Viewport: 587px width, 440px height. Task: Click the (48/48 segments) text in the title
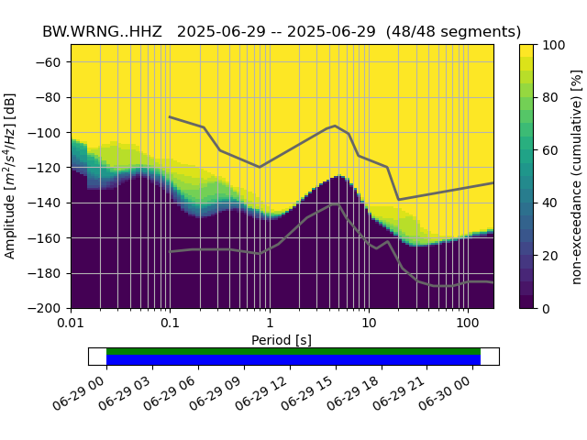(453, 31)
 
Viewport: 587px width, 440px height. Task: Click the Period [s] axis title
(282, 340)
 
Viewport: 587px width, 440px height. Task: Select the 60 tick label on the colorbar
(552, 149)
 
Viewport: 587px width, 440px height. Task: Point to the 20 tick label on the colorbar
(552, 255)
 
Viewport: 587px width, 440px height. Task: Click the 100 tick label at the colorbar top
(555, 44)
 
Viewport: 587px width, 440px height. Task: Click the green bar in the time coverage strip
(293, 351)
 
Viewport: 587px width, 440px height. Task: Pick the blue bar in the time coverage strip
(293, 360)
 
